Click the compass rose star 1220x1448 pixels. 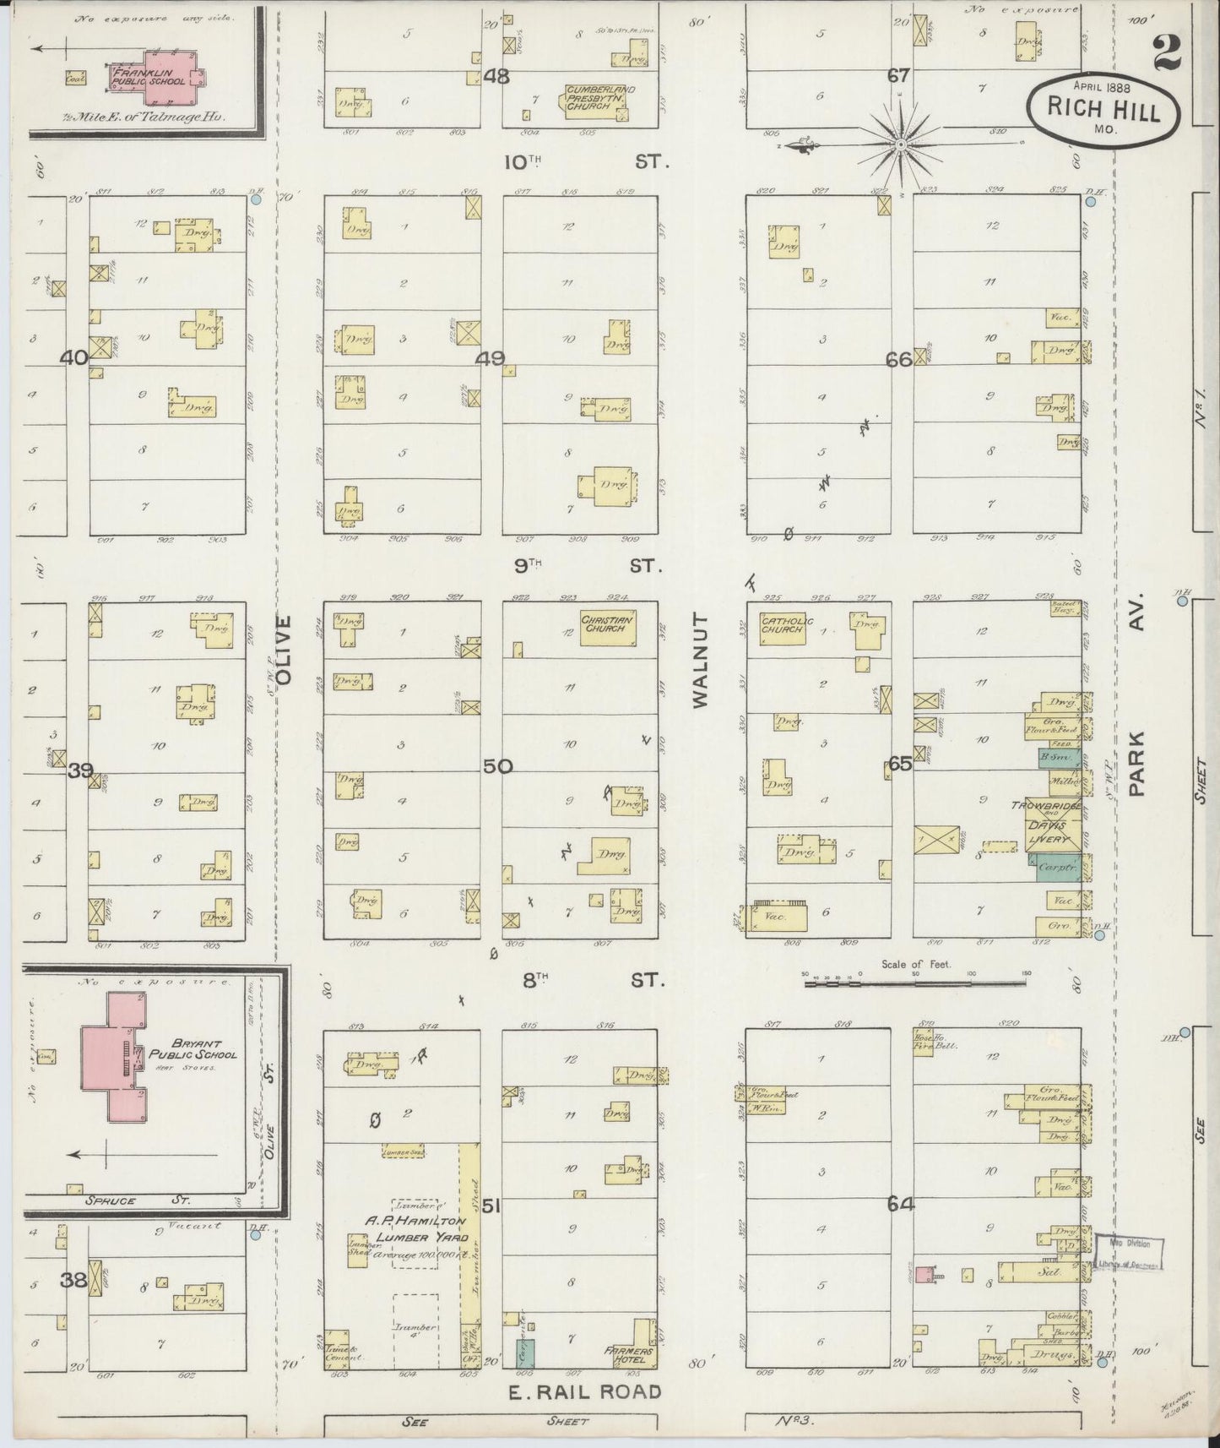[x=901, y=145]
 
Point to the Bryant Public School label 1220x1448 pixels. [x=192, y=1048]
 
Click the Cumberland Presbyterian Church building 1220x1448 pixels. [x=599, y=102]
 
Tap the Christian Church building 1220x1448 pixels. [x=607, y=628]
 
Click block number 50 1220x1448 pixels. [x=498, y=766]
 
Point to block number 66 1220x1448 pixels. [x=898, y=359]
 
